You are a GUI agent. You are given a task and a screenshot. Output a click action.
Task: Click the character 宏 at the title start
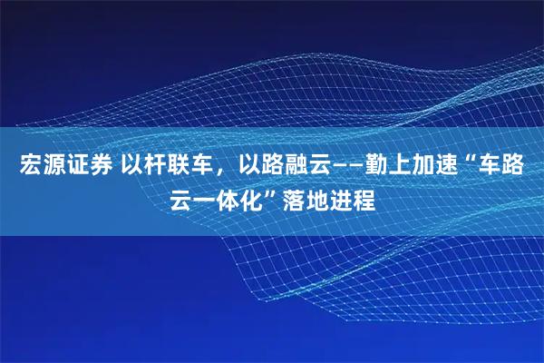point(29,166)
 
